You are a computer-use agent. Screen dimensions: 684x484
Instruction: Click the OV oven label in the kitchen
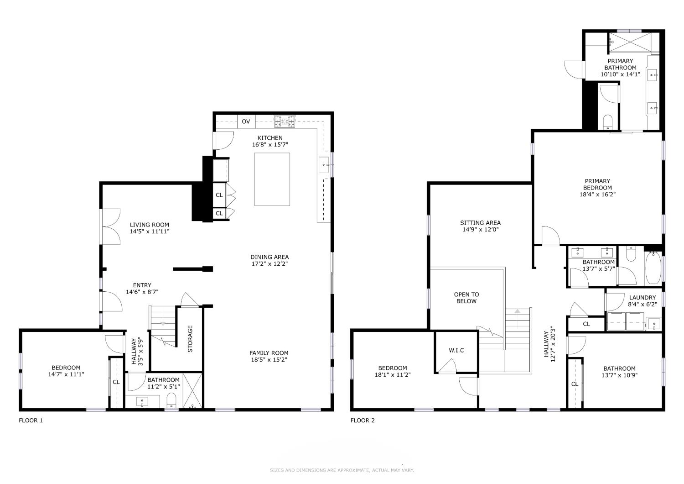tap(246, 122)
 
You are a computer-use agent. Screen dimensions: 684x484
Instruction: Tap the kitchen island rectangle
tap(272, 179)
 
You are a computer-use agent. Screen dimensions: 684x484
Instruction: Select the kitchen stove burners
tap(285, 121)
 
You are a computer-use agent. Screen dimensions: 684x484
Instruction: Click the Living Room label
tap(149, 225)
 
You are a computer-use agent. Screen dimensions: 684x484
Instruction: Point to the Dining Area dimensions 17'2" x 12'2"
tap(269, 263)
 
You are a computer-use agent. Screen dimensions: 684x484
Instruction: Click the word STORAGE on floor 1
tap(190, 339)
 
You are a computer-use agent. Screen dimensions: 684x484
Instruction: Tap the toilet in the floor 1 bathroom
tap(171, 400)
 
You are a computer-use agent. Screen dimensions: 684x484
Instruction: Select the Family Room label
tap(269, 353)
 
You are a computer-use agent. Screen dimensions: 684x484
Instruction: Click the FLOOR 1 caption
tap(31, 421)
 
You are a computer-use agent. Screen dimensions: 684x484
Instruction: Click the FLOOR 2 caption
tap(363, 421)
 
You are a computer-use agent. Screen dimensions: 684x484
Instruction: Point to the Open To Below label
tap(466, 298)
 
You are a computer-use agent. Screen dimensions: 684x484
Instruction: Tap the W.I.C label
tap(456, 350)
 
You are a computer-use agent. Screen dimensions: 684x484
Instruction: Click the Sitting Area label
tap(480, 223)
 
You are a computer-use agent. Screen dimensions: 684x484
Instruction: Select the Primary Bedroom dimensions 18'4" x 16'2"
tap(597, 194)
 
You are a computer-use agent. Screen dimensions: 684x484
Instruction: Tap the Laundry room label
tap(643, 298)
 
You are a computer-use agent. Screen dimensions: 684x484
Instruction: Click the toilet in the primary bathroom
tap(608, 122)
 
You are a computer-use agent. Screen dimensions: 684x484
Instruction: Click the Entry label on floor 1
tap(142, 285)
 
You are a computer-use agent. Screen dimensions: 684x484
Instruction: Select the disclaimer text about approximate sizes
tap(342, 470)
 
